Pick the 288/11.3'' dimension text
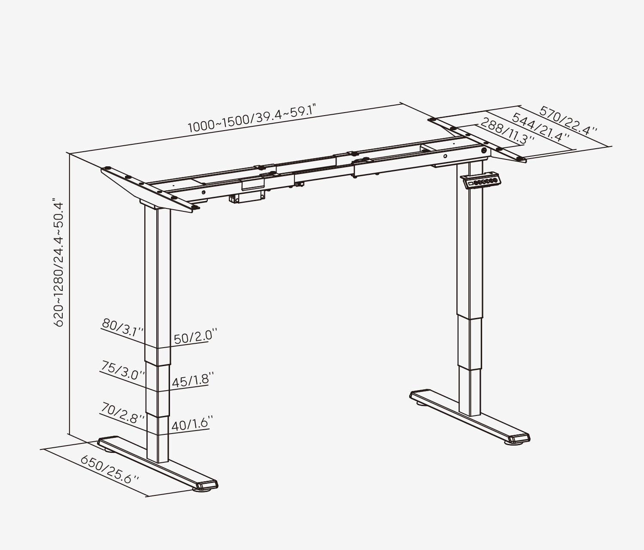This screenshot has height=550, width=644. click(507, 131)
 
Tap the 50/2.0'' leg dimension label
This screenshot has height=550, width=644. click(193, 336)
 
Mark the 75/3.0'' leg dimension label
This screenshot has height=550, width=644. click(122, 370)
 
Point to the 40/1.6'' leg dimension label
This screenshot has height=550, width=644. click(190, 425)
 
